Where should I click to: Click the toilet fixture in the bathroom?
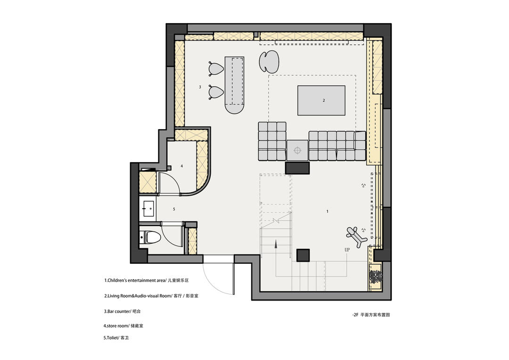click(x=151, y=237)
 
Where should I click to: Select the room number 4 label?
click(x=182, y=166)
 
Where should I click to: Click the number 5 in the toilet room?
click(x=174, y=209)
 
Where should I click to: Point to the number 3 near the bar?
click(x=200, y=87)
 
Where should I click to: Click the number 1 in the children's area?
click(x=327, y=211)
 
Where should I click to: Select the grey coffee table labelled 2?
click(x=321, y=100)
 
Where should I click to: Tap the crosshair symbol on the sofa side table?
click(x=297, y=150)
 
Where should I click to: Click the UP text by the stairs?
click(x=347, y=250)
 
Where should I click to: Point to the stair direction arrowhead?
click(x=276, y=244)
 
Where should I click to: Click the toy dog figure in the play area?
click(x=356, y=237)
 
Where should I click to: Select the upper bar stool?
click(x=216, y=68)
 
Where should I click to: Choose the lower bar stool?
click(x=216, y=91)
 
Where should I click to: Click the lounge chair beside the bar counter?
click(x=269, y=61)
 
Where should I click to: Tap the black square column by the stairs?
click(x=303, y=255)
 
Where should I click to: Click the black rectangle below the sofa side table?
click(x=297, y=168)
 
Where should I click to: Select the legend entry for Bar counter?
click(x=123, y=311)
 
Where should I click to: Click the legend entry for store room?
click(x=123, y=326)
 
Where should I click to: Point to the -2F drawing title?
click(x=371, y=315)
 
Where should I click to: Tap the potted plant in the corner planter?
click(x=376, y=277)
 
